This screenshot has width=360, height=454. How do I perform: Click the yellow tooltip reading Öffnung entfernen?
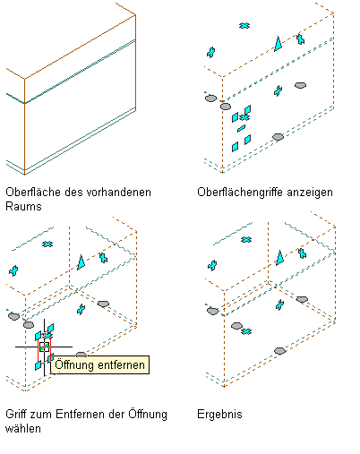coord(99,364)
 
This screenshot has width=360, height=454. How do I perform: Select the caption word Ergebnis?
coord(219,415)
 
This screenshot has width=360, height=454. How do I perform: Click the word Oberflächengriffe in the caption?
coord(240,193)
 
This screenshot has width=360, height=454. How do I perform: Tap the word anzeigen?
coord(310,193)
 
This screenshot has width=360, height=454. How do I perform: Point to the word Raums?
coord(23,206)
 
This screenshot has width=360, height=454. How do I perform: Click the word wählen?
coord(23,428)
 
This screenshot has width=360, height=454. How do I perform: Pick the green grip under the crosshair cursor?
coord(44,347)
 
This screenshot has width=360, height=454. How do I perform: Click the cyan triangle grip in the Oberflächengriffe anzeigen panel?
coord(278,44)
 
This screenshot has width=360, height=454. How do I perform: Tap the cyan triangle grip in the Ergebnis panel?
coord(279,258)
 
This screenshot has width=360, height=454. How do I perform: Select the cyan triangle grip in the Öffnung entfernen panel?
coord(81,262)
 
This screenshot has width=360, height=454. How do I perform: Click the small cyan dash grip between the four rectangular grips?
coord(241,128)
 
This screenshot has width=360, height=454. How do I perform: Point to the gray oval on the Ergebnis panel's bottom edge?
coord(279,351)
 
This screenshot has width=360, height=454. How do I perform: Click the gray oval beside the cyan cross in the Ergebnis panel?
coord(236,326)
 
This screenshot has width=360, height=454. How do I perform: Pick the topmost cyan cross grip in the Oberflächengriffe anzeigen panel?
coord(244,26)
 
